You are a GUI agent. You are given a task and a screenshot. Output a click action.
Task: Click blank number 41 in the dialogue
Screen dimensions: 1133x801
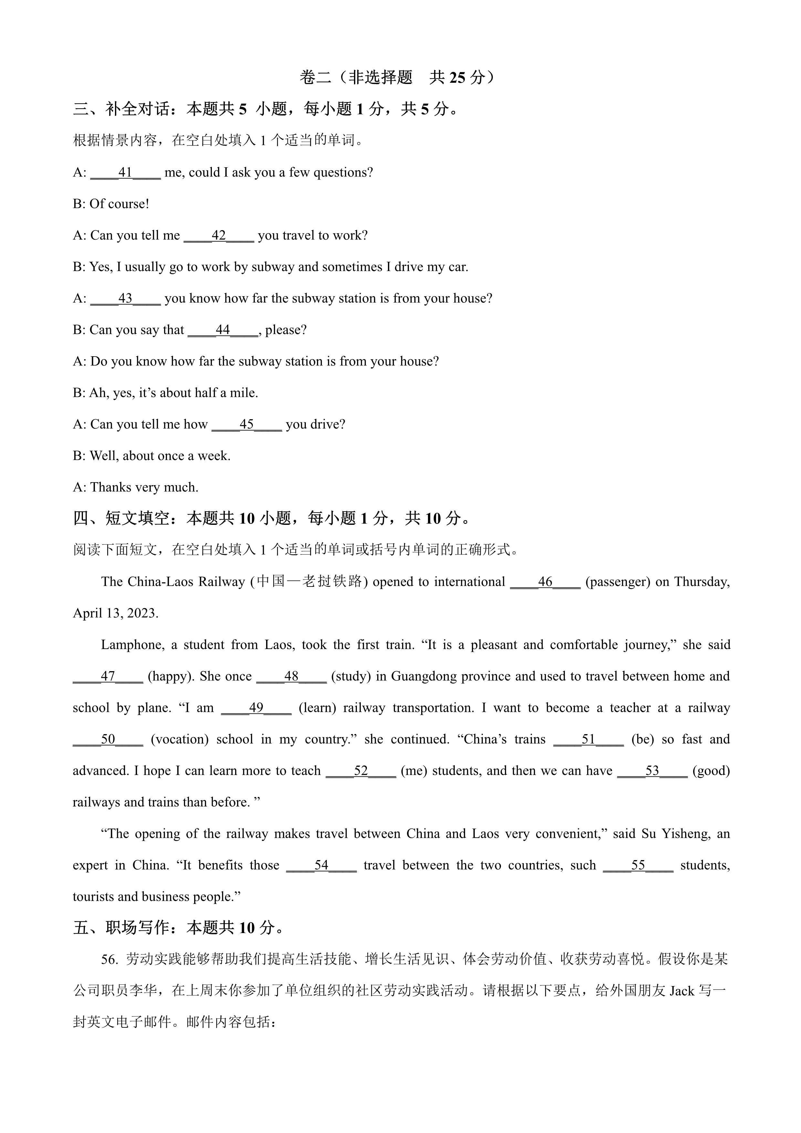(125, 173)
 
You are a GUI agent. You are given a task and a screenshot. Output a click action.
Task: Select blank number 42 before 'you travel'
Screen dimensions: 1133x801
(219, 236)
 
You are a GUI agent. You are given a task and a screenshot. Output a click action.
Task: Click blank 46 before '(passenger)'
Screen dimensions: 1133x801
(545, 582)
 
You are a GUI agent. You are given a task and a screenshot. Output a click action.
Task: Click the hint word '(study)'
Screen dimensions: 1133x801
(351, 677)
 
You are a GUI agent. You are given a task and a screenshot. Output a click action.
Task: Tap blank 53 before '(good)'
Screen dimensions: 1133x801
(652, 771)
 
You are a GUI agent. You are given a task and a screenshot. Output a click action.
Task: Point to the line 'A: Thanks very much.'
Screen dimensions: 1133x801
(136, 488)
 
